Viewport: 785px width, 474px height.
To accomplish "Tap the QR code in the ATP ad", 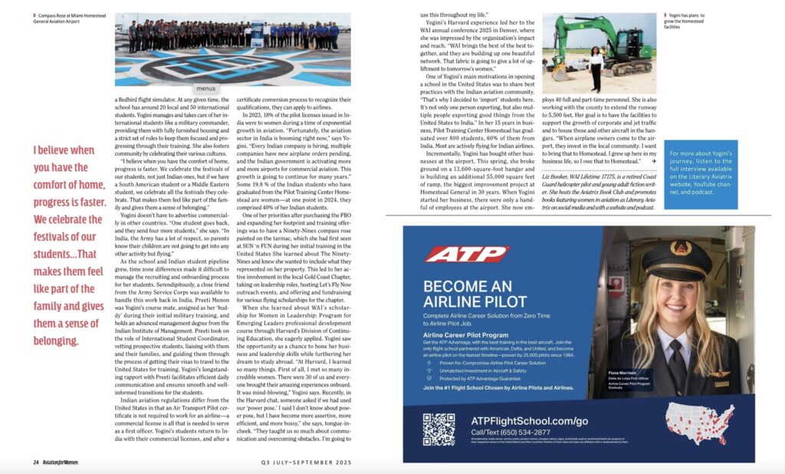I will (438, 428).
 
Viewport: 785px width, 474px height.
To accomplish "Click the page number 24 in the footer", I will (36, 462).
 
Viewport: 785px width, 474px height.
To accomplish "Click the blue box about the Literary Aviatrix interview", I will (701, 174).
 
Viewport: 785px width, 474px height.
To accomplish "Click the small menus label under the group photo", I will (205, 88).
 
